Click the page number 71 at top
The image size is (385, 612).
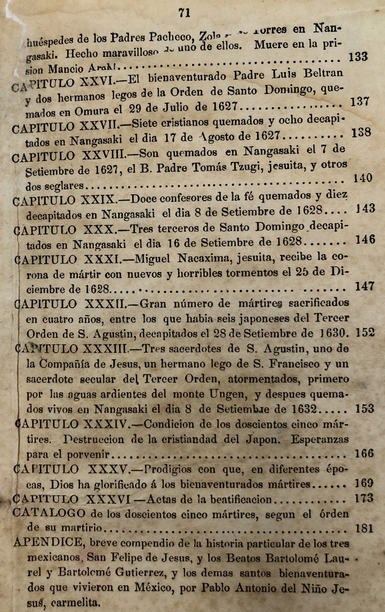point(184,13)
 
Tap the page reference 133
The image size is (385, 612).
point(358,57)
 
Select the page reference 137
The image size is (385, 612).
point(360,102)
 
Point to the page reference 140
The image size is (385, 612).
point(363,178)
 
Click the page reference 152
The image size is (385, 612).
point(365,332)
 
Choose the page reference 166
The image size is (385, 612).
point(364,453)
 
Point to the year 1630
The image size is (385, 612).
point(335,333)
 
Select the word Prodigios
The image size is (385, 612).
point(167,469)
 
